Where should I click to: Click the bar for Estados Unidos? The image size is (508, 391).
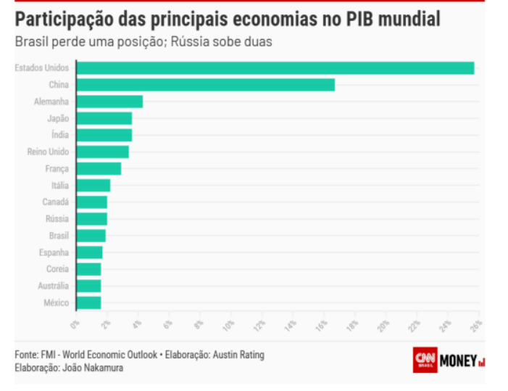coord(275,68)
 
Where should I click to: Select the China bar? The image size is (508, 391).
coord(205,85)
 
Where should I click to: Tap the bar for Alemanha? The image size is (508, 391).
coord(109,102)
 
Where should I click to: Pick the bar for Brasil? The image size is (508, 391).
coord(91,236)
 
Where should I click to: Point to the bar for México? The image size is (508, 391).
coord(88,302)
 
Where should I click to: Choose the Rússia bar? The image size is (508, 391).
coord(91,219)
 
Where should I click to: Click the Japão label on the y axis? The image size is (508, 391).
coord(58,118)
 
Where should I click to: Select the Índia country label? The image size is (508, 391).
coord(60,135)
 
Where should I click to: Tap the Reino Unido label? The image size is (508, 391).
coord(48,152)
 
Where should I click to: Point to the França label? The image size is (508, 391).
coord(57,168)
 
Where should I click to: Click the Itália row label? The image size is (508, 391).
coord(60,186)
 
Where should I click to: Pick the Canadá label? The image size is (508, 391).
coord(56,202)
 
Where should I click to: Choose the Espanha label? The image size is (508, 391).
coord(54,252)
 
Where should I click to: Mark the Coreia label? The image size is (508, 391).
coord(57,269)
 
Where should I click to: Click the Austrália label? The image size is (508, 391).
coord(54,286)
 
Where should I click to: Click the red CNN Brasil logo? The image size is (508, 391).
coord(425,360)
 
